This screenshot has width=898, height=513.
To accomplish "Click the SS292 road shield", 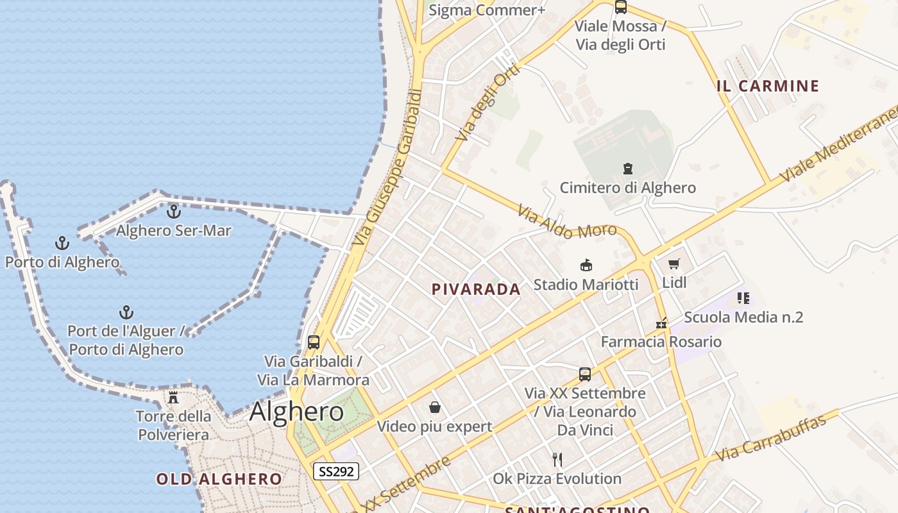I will [336, 471].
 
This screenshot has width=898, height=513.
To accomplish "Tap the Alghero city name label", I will [296, 411].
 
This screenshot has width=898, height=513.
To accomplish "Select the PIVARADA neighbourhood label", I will [476, 289].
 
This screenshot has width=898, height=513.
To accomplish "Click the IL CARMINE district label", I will [768, 86].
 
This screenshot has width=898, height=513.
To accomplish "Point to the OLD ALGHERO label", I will [219, 479].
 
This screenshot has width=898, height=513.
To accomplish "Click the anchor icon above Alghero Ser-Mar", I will [173, 211].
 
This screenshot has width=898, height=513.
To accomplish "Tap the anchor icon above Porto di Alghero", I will [62, 243].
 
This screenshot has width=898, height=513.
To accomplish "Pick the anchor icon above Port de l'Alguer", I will [126, 312].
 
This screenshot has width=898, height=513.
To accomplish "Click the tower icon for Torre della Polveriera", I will [173, 398].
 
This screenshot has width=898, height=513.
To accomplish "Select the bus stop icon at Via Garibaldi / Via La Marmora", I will [314, 342].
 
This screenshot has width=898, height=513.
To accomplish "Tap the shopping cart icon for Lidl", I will [673, 264].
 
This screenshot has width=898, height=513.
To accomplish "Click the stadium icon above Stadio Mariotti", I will [586, 265].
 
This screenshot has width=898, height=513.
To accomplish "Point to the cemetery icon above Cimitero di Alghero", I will [628, 169].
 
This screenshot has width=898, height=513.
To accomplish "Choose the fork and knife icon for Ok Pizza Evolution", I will [557, 459].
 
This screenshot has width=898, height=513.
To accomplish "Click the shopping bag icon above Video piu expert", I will [435, 407].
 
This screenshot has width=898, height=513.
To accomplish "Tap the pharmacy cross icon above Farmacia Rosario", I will [661, 324].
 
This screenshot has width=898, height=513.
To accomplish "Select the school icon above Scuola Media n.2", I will [743, 298].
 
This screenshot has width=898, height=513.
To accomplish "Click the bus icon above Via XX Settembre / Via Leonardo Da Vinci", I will [585, 374].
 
